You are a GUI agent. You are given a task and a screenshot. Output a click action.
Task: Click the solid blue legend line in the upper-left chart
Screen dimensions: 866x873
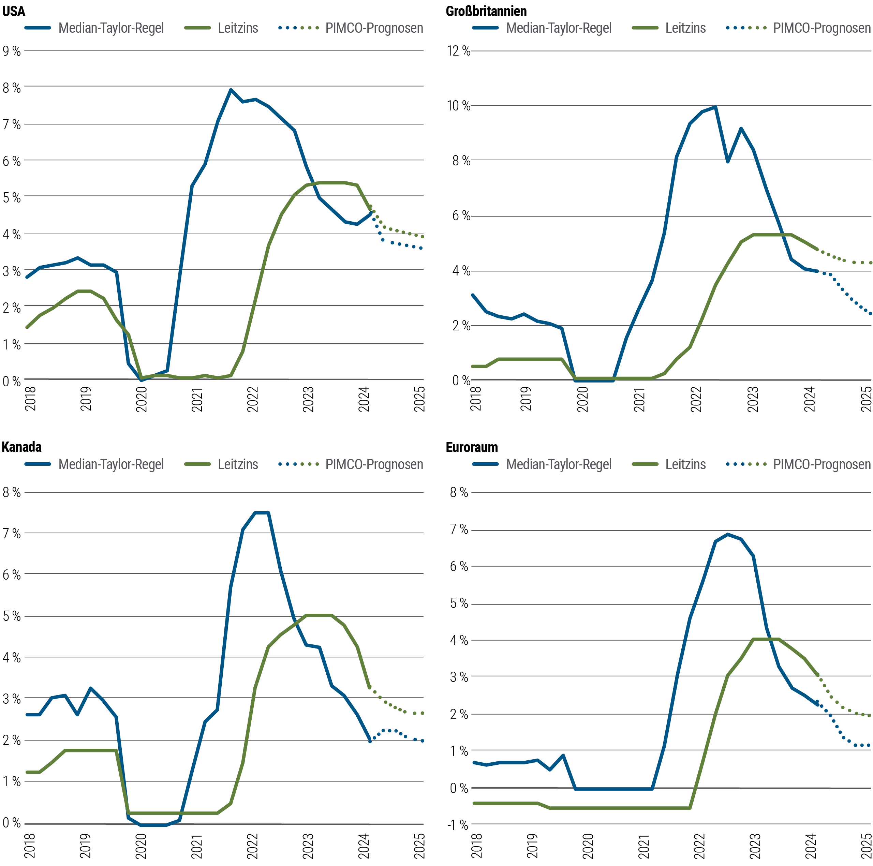coord(42,28)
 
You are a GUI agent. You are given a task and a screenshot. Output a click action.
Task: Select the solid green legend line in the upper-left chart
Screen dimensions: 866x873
coord(202,28)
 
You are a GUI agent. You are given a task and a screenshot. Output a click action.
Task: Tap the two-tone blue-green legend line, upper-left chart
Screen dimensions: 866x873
coord(302,28)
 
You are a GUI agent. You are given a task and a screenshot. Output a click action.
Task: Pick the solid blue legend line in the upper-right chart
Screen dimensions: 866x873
coord(489,28)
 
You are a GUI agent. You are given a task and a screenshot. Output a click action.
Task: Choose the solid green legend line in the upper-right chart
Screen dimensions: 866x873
coord(649,28)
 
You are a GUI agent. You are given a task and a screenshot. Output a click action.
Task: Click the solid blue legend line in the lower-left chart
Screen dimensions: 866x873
coord(42,464)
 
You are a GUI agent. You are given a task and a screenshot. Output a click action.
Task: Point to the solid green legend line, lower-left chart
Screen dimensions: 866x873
coord(202,464)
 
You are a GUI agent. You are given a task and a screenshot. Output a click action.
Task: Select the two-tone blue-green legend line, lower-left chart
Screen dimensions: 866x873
coord(302,464)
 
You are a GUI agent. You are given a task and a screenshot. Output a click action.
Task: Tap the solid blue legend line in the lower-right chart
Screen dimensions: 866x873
coord(489,464)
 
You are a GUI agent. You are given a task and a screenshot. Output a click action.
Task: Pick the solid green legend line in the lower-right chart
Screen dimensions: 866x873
coord(649,464)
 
